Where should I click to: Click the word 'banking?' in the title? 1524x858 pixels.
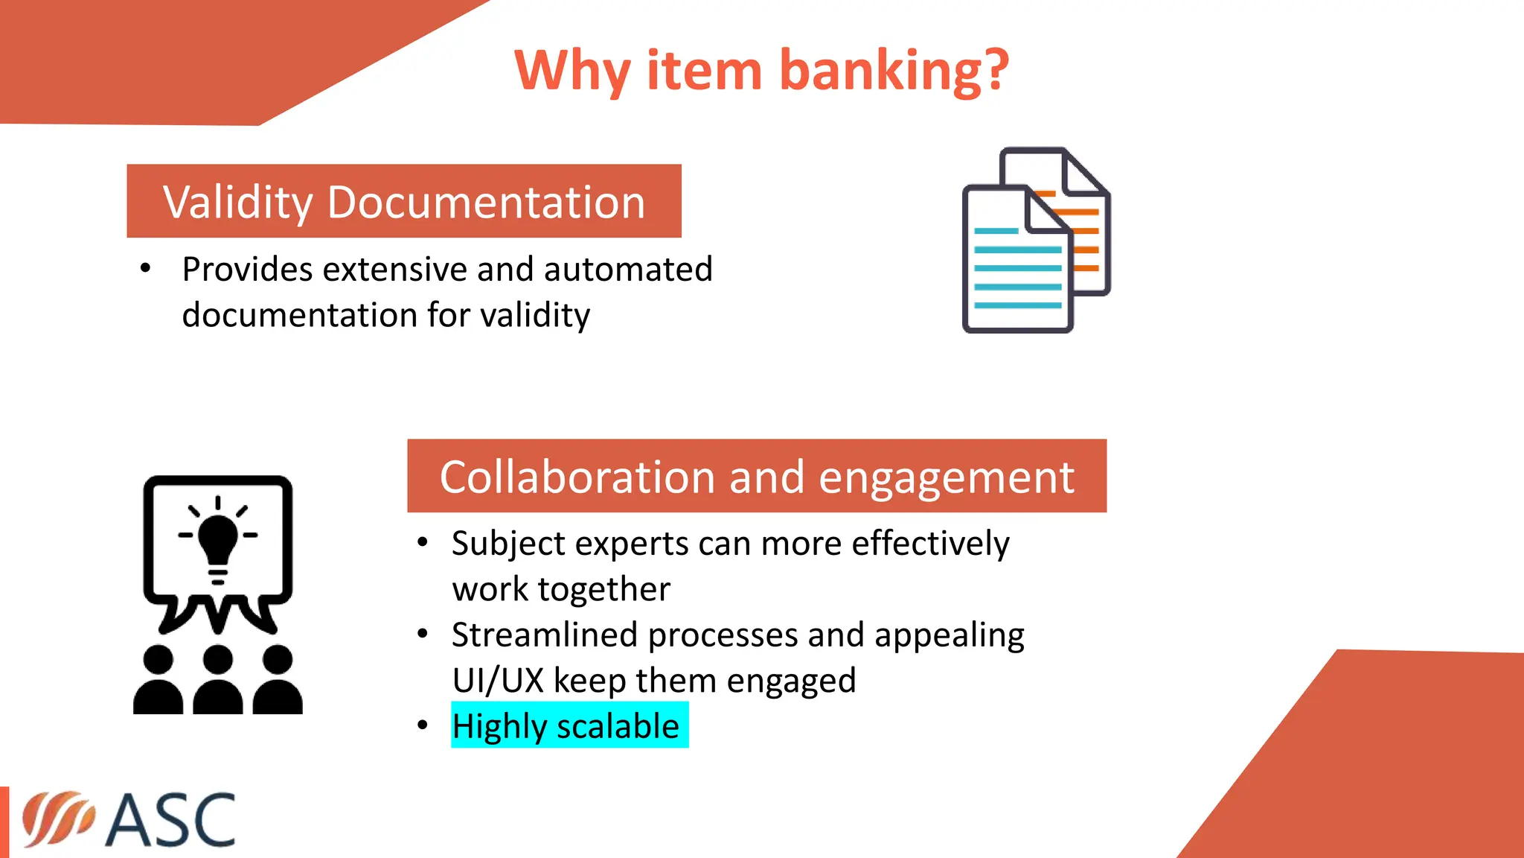(894, 71)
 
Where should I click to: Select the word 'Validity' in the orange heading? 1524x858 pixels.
(238, 203)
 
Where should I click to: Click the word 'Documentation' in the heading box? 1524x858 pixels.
(486, 203)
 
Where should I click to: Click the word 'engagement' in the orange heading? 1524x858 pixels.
(947, 477)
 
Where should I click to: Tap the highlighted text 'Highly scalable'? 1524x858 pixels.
(566, 726)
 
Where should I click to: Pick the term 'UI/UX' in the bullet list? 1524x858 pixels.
(498, 681)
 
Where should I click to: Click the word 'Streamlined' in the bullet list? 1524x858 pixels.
(545, 635)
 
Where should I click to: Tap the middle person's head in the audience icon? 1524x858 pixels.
(217, 660)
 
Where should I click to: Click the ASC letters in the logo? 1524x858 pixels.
(172, 820)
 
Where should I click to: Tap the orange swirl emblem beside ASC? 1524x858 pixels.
(58, 819)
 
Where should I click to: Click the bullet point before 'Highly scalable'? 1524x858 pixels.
(423, 725)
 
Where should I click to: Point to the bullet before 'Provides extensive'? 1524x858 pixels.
(146, 268)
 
